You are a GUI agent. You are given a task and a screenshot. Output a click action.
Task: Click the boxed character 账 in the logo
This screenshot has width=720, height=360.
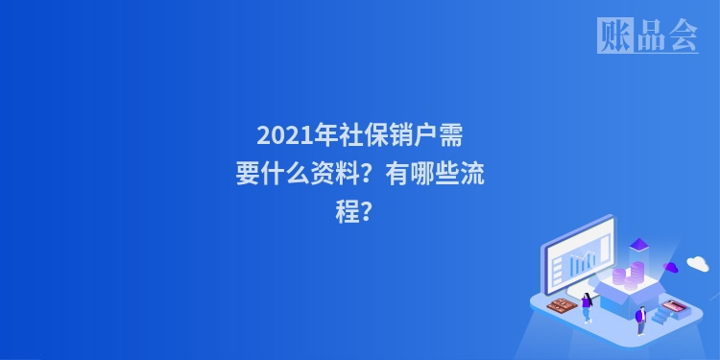[x=613, y=36]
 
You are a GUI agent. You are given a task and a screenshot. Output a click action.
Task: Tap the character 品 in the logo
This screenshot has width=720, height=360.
[x=648, y=36]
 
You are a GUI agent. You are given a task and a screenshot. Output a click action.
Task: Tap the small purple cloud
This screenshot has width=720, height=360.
[x=671, y=267]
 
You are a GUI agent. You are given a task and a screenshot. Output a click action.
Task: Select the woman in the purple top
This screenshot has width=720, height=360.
[x=587, y=306]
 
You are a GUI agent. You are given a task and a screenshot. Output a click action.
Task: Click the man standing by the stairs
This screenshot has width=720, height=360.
[x=640, y=318]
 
